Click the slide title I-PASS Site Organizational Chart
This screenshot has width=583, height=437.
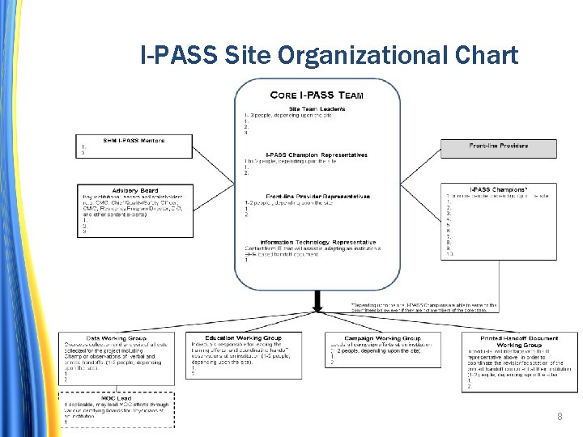pyautogui.click(x=329, y=55)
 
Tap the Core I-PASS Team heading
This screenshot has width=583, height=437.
pyautogui.click(x=317, y=95)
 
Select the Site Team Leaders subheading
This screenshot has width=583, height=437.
pyautogui.click(x=317, y=108)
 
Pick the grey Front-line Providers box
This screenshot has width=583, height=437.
pyautogui.click(x=498, y=146)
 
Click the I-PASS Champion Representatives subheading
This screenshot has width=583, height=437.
pyautogui.click(x=317, y=155)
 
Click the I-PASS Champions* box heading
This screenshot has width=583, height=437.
pyautogui.click(x=498, y=189)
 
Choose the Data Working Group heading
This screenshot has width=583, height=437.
pyautogui.click(x=116, y=337)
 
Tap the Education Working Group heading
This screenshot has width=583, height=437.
pyautogui.click(x=243, y=337)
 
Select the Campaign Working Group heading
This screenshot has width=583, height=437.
pyautogui.click(x=382, y=338)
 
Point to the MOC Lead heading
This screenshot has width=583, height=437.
pyautogui.click(x=115, y=397)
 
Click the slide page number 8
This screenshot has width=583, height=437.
pyautogui.click(x=559, y=417)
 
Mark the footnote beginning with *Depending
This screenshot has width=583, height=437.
pyautogui.click(x=421, y=307)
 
